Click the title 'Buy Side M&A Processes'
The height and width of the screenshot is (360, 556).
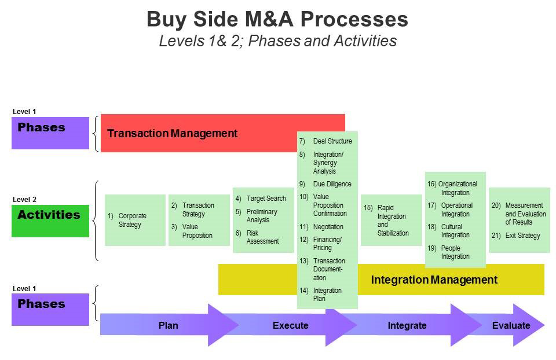(277, 19)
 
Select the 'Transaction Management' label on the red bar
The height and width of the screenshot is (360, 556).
(173, 133)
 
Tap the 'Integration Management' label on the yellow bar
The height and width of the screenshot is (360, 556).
(434, 280)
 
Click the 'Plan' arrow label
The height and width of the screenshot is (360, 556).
(168, 325)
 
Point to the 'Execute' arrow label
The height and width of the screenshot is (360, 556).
(290, 325)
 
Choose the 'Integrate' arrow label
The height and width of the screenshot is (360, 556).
(407, 325)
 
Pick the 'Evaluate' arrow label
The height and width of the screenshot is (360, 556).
(511, 325)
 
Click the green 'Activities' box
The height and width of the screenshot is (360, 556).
(50, 221)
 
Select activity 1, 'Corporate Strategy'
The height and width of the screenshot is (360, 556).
(127, 220)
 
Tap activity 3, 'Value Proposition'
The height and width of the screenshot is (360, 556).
(192, 231)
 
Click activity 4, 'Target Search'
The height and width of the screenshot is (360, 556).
(261, 199)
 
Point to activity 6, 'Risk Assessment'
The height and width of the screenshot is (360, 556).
(257, 237)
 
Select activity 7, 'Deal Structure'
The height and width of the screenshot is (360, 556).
(325, 141)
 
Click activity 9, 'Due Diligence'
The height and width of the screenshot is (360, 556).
(325, 184)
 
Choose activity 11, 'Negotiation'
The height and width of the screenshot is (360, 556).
(321, 227)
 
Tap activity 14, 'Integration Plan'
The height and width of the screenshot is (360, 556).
(320, 295)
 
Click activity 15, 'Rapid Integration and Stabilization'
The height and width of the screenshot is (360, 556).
(386, 220)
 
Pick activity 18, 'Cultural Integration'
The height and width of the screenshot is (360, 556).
(448, 231)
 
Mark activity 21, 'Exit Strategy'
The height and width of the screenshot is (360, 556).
(516, 236)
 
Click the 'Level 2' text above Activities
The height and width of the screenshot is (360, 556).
(24, 200)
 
